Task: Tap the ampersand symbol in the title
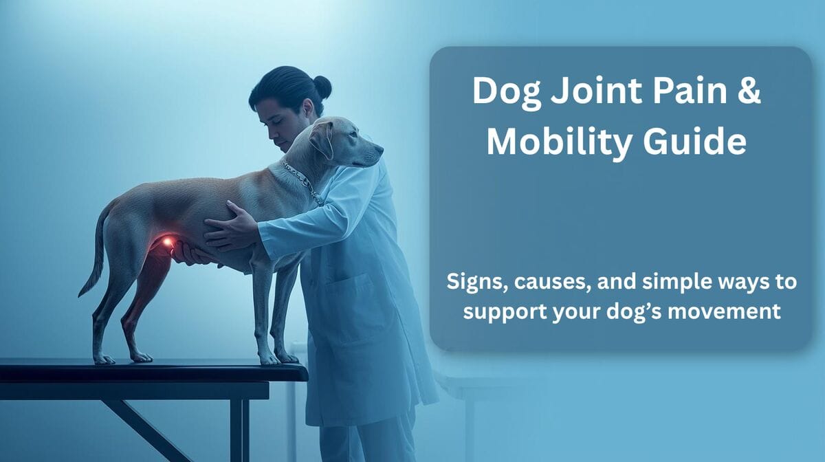point(749,92)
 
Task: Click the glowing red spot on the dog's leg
point(167,242)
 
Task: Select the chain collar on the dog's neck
point(302,180)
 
